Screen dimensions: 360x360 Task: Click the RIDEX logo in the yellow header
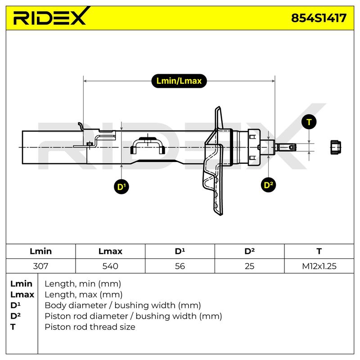point(50,16)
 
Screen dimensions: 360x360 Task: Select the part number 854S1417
point(319,18)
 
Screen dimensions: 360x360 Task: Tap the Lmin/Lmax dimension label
point(179,81)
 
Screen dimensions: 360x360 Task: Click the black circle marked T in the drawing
point(309,122)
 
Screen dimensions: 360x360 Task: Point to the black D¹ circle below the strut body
point(121,186)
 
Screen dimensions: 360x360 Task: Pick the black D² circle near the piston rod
point(268,185)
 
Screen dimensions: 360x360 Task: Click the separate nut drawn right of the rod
point(335,147)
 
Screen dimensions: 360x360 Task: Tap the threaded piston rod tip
point(286,147)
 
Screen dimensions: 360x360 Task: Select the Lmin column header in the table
point(40,251)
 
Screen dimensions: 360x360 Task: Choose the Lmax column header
point(110,251)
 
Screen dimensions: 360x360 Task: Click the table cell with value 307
point(40,266)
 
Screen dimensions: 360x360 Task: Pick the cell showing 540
point(110,266)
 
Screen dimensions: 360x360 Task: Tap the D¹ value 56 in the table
point(180,266)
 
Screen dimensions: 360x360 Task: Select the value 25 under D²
point(249,266)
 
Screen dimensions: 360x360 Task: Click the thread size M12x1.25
point(319,266)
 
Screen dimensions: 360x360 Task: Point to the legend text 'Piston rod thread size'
point(90,327)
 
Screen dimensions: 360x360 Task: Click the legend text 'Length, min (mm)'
point(83,284)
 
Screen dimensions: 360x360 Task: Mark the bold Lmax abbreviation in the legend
point(22,294)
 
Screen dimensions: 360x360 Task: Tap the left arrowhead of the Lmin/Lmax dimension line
point(85,81)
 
